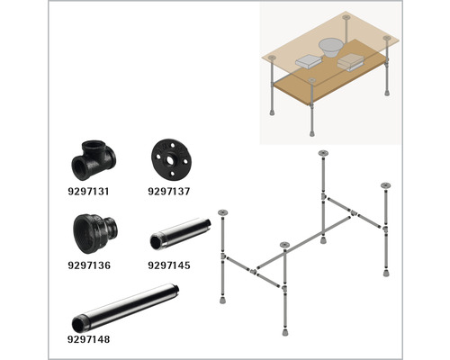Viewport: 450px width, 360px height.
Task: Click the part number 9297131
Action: tap(88, 191)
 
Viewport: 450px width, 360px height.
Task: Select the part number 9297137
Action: tap(169, 191)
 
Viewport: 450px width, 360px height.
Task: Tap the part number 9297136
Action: tap(89, 265)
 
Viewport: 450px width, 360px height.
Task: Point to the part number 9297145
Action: tap(169, 265)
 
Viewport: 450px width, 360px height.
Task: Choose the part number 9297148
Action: tap(88, 339)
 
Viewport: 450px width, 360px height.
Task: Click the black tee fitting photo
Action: tap(94, 159)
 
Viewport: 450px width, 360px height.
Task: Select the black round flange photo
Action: tap(170, 159)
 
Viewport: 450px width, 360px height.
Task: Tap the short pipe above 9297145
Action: tap(180, 234)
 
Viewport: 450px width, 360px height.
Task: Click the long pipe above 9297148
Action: tap(126, 308)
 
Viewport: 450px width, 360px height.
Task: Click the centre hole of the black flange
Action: tap(170, 160)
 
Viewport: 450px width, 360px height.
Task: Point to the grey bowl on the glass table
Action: tap(330, 48)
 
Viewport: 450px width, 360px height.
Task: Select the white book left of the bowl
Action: tap(309, 62)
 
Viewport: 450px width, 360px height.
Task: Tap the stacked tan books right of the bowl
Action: tap(351, 62)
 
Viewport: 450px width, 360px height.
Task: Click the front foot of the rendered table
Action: tap(312, 132)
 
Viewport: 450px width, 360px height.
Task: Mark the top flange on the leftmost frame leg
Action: tap(222, 213)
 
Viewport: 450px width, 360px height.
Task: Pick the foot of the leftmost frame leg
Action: tap(222, 300)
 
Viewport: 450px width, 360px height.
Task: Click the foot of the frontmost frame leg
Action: tap(285, 332)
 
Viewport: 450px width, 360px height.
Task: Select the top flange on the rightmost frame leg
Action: tap(385, 185)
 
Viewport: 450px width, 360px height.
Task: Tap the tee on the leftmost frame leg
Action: tap(223, 256)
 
